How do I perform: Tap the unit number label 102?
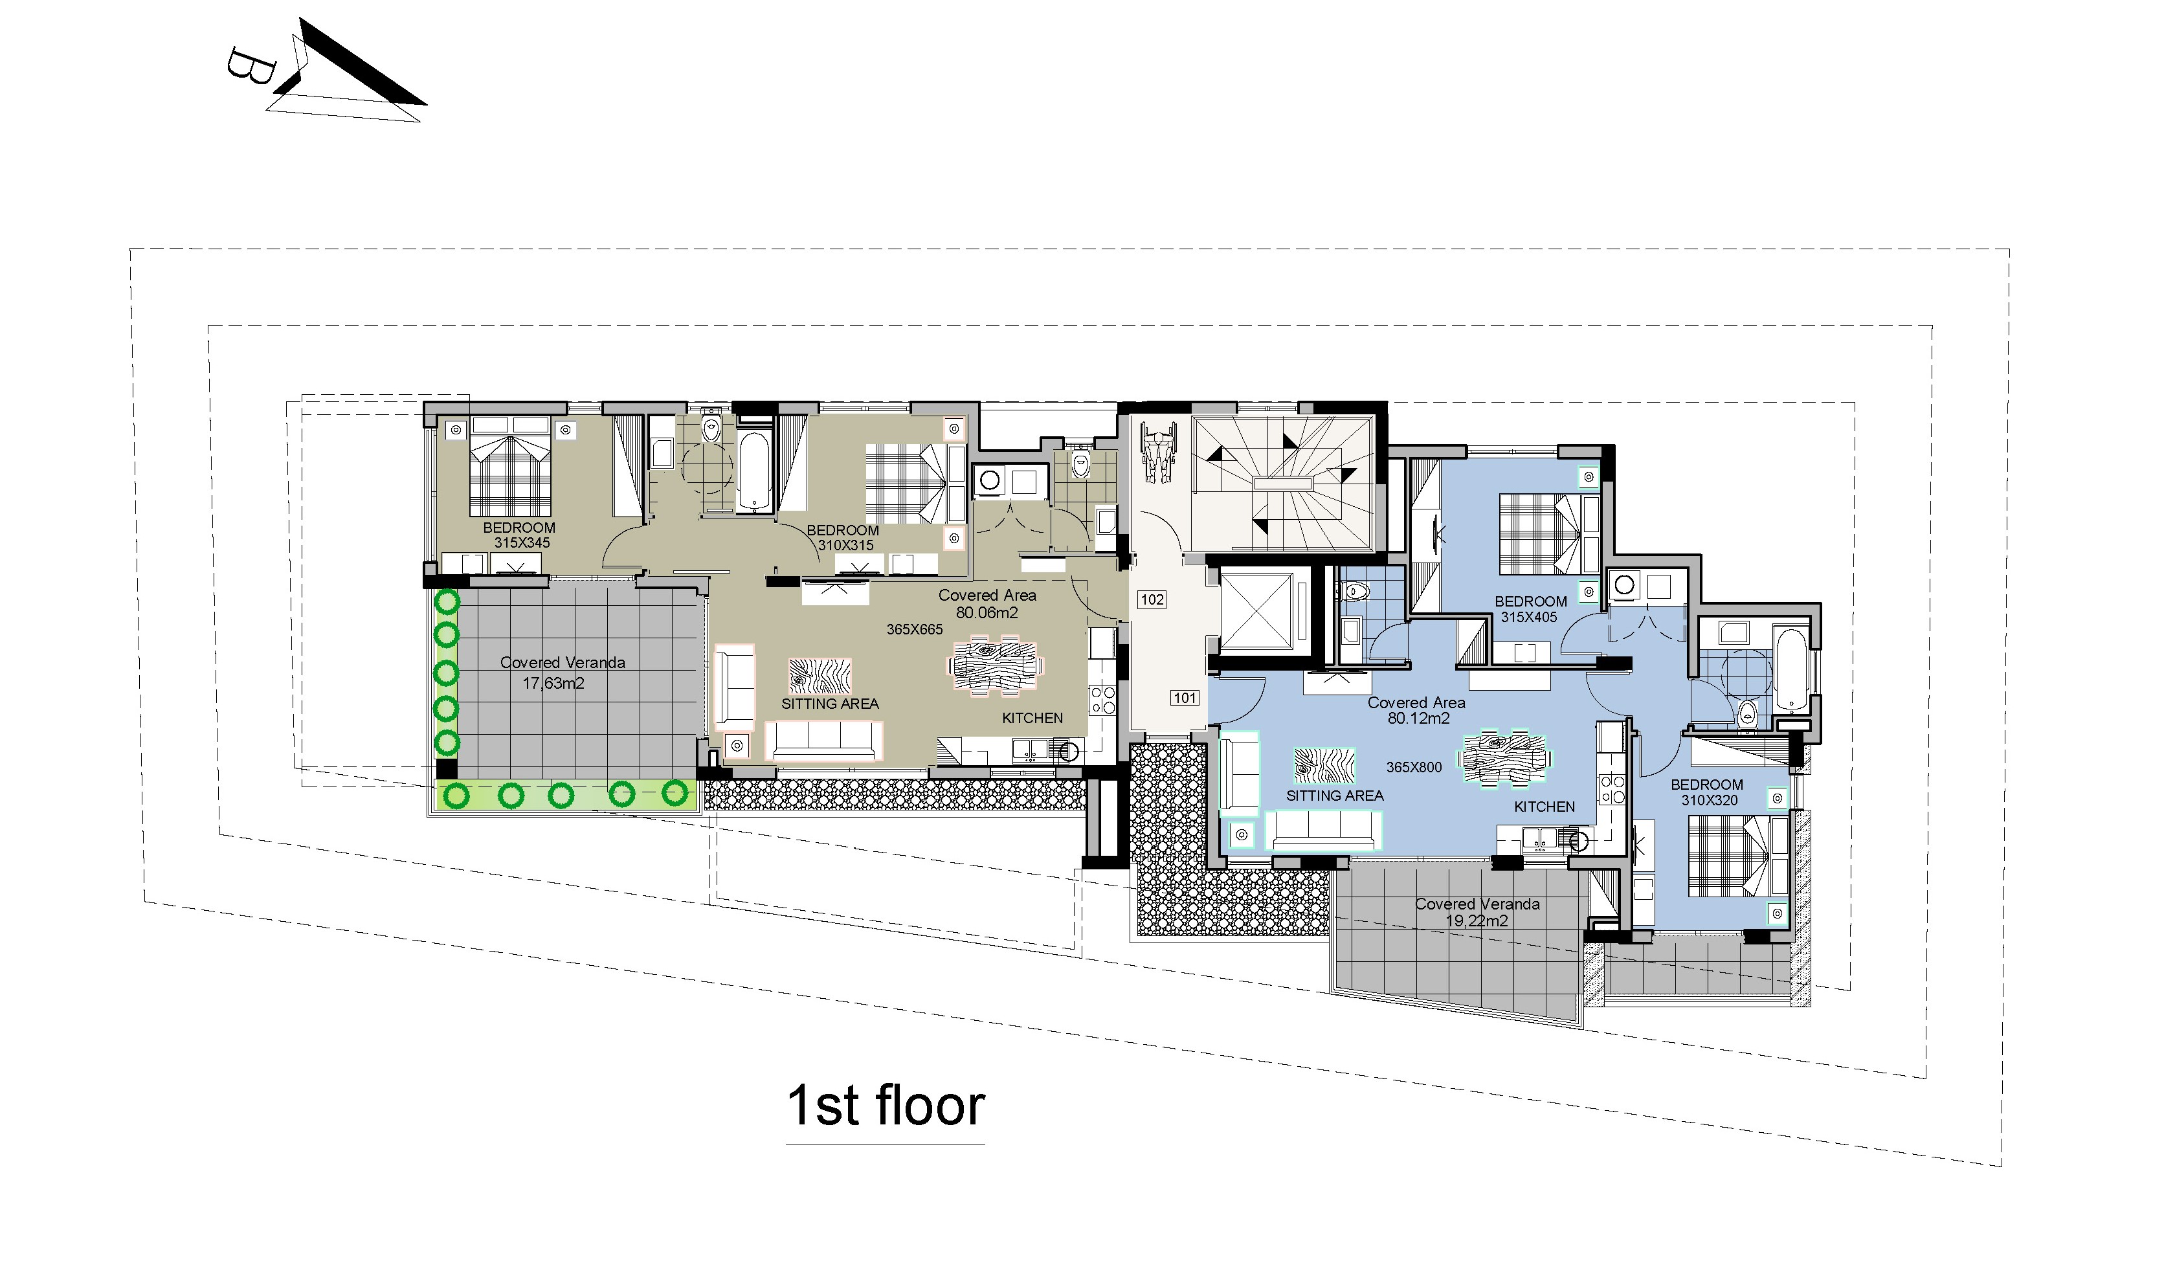coord(1152,599)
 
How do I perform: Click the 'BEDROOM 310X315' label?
coord(843,538)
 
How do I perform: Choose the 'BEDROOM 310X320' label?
coord(1706,792)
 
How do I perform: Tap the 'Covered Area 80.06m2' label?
coord(987,603)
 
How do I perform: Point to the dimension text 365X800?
coord(1414,767)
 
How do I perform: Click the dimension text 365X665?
coord(915,630)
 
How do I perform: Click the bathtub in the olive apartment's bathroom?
coord(753,473)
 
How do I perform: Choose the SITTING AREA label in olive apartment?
coord(829,704)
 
